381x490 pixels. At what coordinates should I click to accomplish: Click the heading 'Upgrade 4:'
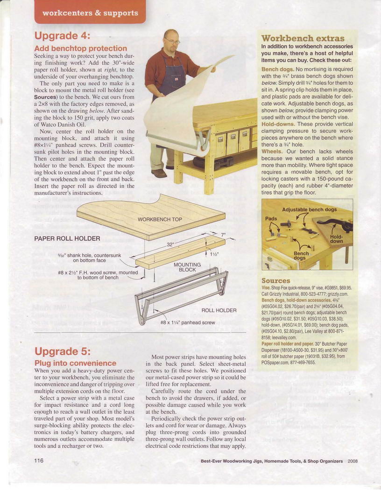(x=62, y=36)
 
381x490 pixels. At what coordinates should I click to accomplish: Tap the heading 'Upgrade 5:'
(x=62, y=351)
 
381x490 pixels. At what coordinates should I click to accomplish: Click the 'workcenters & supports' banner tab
(x=90, y=13)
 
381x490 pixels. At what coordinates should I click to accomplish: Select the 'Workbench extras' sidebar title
(x=303, y=38)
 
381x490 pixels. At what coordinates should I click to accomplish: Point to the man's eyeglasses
(x=172, y=42)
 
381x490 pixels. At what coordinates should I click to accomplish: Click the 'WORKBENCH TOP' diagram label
(x=160, y=219)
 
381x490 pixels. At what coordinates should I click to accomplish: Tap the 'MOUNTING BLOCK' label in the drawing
(x=187, y=267)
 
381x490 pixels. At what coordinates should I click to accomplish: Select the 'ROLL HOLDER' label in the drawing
(x=219, y=310)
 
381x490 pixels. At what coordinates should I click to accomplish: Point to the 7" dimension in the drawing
(x=223, y=234)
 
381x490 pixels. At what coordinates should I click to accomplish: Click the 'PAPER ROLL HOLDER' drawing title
(x=67, y=238)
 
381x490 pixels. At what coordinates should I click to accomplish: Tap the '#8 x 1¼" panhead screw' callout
(x=187, y=322)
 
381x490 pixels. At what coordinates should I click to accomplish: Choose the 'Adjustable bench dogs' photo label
(x=309, y=210)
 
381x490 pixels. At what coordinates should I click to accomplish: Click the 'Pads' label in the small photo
(x=271, y=218)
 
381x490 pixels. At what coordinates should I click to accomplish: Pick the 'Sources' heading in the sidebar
(x=275, y=280)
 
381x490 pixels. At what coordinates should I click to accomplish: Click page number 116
(x=39, y=461)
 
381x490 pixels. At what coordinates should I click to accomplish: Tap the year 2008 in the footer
(x=353, y=461)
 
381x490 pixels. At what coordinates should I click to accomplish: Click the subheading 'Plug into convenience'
(x=75, y=363)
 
